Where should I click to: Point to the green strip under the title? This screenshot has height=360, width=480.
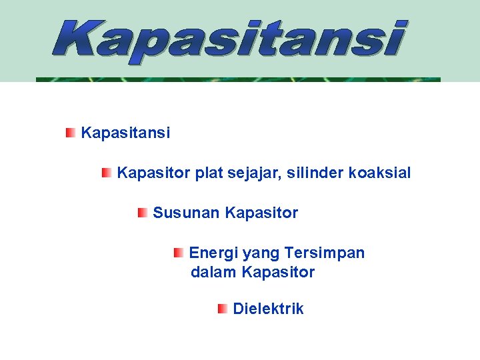pos(238,79)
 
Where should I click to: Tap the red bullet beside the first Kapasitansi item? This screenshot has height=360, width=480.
pos(70,133)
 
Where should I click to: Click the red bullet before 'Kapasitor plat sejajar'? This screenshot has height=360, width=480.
pos(107,173)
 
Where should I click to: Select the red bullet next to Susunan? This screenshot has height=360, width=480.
pos(143,213)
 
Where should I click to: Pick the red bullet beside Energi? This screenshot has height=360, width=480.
pos(179,253)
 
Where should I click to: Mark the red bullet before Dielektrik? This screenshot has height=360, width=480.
pos(223,309)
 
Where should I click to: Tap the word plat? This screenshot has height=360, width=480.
pos(209,174)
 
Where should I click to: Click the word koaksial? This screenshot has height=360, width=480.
pos(379,173)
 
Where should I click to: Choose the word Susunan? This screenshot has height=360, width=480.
pos(187,213)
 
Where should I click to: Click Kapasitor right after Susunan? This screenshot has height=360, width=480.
pos(261,213)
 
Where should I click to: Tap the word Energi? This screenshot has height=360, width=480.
pos(213,254)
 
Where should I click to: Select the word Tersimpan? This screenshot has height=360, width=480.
pos(324,254)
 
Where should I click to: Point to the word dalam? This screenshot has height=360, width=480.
pos(214,273)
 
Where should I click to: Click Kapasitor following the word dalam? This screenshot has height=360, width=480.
pos(278,273)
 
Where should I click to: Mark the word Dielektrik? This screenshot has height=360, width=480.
pos(268,309)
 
